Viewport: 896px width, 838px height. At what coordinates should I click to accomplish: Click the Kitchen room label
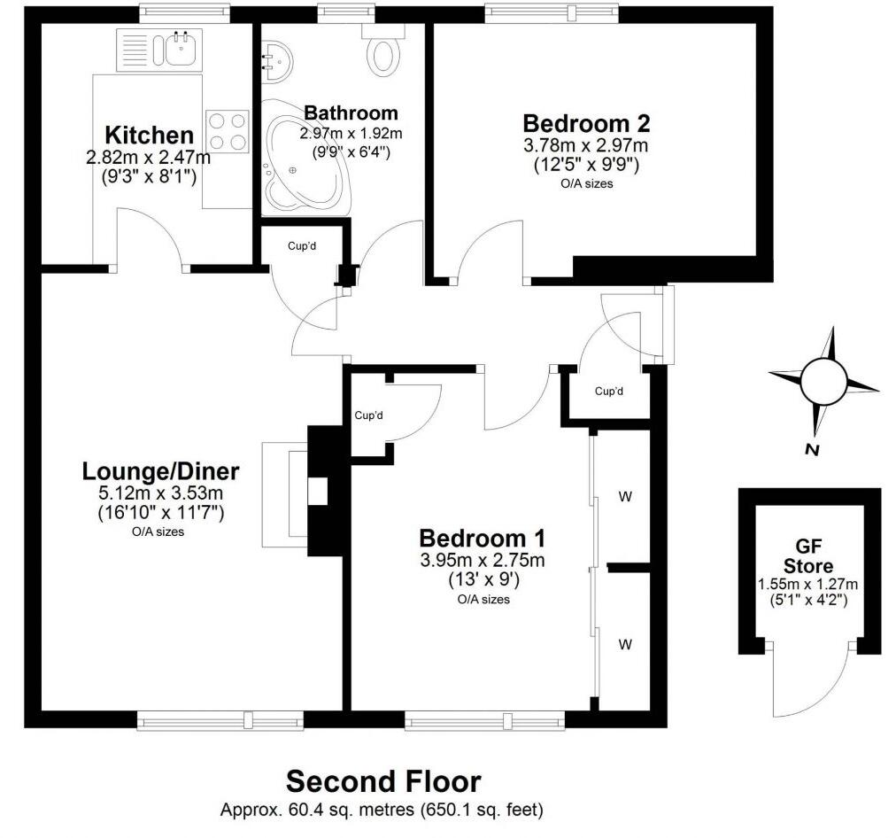point(149,136)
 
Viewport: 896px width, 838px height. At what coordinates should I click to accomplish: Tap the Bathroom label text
point(351,113)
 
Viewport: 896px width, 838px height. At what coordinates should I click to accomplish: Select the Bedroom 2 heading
point(586,123)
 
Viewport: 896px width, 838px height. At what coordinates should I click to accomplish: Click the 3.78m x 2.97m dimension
point(586,145)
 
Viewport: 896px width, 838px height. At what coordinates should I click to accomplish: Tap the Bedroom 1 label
point(483,538)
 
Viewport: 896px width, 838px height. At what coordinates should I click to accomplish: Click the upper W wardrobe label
point(625,497)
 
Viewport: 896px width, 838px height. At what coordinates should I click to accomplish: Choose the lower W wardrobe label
point(625,644)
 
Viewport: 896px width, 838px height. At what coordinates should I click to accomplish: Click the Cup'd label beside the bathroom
point(302,245)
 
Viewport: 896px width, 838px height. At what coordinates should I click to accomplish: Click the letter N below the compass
point(810,450)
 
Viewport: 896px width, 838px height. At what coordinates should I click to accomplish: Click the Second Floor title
point(383,781)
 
